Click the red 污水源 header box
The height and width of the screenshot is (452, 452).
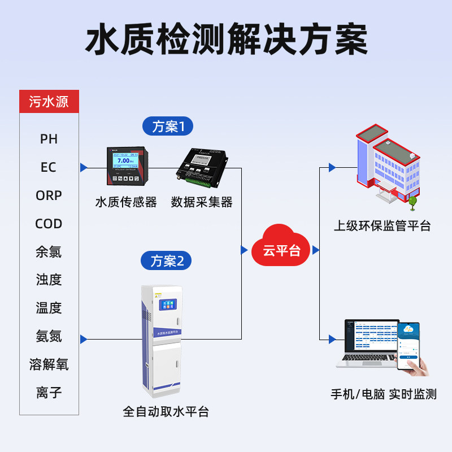[49, 102]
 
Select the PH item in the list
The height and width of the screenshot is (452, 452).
[49, 139]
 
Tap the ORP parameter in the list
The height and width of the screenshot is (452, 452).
[49, 195]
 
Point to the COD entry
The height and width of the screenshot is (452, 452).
[49, 224]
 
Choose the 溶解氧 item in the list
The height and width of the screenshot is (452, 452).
[49, 364]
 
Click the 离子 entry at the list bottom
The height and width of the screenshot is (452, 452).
[49, 392]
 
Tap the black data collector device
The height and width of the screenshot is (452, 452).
[202, 168]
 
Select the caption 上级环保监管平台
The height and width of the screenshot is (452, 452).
[382, 226]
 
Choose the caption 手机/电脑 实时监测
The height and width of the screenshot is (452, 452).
[383, 394]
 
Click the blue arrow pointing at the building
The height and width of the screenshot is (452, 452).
[332, 168]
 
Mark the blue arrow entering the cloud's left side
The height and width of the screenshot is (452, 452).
[244, 250]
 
